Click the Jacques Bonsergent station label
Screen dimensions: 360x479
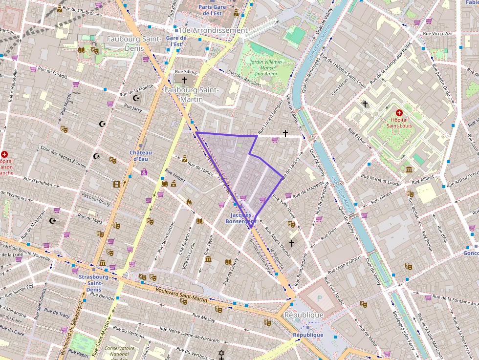click(240, 218)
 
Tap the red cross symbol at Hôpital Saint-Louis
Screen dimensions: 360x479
click(399, 113)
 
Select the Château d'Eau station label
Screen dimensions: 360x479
click(141, 155)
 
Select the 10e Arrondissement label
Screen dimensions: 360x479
click(213, 30)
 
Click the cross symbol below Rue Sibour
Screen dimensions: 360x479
click(184, 80)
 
